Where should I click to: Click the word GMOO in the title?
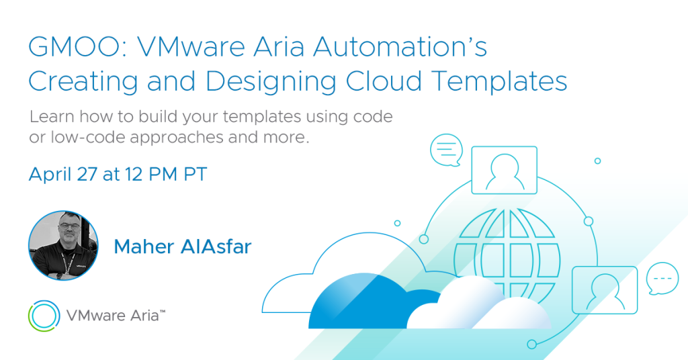point(74,46)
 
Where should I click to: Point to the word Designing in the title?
point(271,81)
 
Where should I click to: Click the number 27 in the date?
point(87,175)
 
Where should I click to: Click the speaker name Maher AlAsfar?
point(183,246)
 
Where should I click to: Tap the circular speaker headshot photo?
point(63,246)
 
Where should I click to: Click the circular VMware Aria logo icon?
point(44,316)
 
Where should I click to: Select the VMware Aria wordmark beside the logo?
point(116,315)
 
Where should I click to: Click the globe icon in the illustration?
point(508,257)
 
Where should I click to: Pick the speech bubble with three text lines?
point(446,150)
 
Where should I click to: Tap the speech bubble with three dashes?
point(662,279)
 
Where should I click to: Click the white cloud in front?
point(478,307)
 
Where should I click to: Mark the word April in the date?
point(50,175)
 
